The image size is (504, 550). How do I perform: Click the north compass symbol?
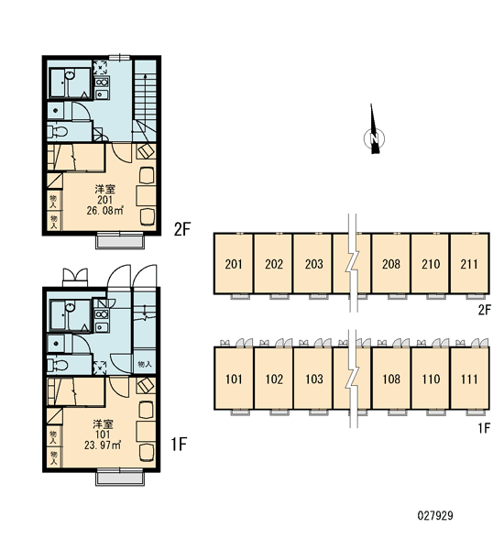coord(374,137)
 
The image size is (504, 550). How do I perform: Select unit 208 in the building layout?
coord(390,263)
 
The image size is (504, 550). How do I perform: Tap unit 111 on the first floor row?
coord(469,379)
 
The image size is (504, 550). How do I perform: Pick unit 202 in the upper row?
coord(273,263)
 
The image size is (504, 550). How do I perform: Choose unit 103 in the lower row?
coord(313,379)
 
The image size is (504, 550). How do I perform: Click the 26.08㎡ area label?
coord(104,211)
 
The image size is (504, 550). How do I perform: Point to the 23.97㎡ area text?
coord(103,445)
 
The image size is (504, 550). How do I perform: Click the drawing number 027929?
coord(435,515)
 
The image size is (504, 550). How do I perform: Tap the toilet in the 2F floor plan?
coord(58,131)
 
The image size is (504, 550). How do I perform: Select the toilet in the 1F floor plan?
coord(58,365)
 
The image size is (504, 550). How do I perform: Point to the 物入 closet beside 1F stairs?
coord(145,364)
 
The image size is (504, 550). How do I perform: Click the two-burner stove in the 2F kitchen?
coord(102,82)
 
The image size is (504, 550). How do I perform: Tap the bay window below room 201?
coord(120,240)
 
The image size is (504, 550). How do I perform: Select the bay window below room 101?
coord(120,477)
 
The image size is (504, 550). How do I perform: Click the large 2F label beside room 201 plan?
coord(181,229)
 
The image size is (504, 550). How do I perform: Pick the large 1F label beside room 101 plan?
coord(179,444)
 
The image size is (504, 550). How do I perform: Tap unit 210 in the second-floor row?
coord(431,263)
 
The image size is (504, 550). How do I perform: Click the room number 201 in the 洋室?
coord(104,200)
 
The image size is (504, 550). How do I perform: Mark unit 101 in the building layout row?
coord(234,379)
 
